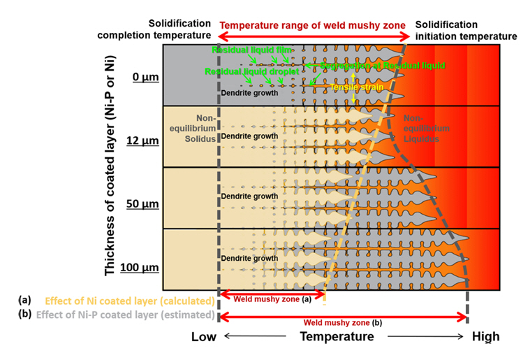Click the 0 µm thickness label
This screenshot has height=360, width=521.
click(144, 75)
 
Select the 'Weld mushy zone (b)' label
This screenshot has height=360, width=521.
click(342, 323)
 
